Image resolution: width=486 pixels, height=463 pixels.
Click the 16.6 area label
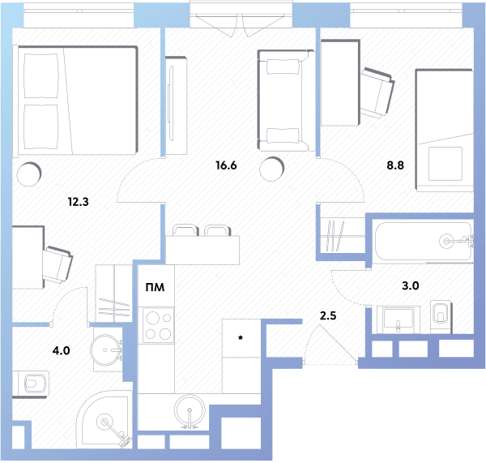[x=226, y=165]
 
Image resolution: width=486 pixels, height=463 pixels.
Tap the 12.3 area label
[x=78, y=202]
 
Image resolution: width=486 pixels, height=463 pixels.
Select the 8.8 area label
[x=395, y=165]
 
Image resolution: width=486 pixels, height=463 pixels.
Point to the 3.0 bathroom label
[x=411, y=285]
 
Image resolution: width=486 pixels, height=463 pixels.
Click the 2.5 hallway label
[x=328, y=316]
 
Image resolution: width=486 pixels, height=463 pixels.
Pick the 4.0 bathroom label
[x=61, y=350]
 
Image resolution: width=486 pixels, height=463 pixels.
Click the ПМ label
[x=155, y=287]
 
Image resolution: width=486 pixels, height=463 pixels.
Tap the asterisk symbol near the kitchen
[x=241, y=337]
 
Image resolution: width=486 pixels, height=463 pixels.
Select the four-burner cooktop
[x=156, y=325]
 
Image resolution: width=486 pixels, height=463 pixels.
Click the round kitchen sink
[x=190, y=411]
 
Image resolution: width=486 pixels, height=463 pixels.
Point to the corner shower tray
[x=104, y=419]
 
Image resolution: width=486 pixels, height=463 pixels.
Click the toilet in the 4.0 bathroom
[x=31, y=384]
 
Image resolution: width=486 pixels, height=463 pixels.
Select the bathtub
[x=423, y=241]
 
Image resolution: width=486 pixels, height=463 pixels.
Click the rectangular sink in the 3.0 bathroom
[x=398, y=319]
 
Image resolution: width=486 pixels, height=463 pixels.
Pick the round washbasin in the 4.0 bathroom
[x=104, y=349]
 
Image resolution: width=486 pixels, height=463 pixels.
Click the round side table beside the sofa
[x=271, y=169]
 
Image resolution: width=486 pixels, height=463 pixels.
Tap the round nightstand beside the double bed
[x=29, y=174]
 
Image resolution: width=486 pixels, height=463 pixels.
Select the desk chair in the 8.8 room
[x=377, y=92]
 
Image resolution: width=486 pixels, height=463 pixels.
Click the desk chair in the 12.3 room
[x=58, y=264]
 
